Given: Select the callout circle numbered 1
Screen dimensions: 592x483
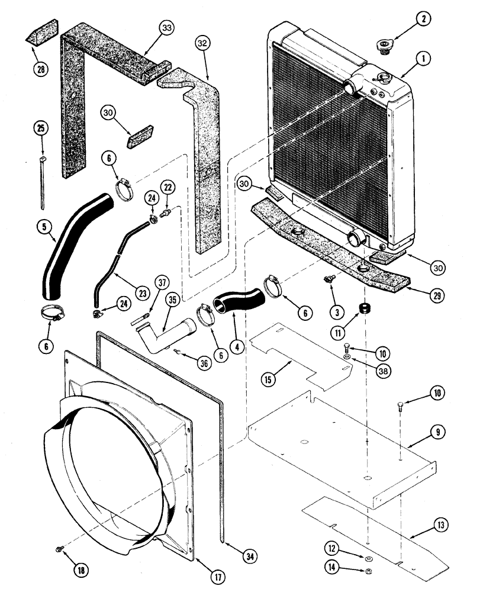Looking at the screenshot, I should [423, 59].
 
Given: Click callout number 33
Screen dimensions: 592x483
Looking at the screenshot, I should [168, 28].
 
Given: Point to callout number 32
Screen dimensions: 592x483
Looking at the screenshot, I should [203, 44].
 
